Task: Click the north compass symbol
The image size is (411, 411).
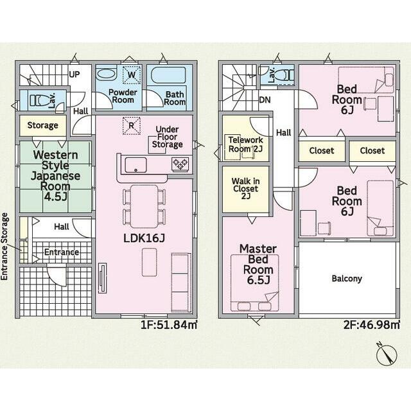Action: pos(387,354)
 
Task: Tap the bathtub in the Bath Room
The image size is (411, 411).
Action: pos(169,75)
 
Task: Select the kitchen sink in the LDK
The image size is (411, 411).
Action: pos(136,165)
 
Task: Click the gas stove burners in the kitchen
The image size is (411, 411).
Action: pos(180,164)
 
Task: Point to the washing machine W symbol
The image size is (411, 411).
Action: pos(132,74)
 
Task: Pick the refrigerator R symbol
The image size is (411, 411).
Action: pos(132,126)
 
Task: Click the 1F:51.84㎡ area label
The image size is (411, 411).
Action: pos(169,325)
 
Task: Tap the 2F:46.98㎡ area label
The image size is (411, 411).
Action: pos(372,325)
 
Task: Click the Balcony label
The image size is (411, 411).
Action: pos(347,278)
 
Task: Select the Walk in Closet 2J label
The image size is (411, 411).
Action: pos(245,188)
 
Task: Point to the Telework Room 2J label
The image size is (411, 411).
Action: pos(245,144)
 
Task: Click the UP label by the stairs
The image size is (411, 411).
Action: pos(74,74)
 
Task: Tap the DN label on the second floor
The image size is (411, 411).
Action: pos(265,100)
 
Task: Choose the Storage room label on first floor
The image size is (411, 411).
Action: pos(43,126)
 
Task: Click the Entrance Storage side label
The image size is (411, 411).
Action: pos(4,247)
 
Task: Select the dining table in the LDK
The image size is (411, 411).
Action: pos(144,206)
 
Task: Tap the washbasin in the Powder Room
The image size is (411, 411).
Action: pos(105,74)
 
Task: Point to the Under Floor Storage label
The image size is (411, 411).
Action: pos(167,137)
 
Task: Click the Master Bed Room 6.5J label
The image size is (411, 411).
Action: pos(258,264)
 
